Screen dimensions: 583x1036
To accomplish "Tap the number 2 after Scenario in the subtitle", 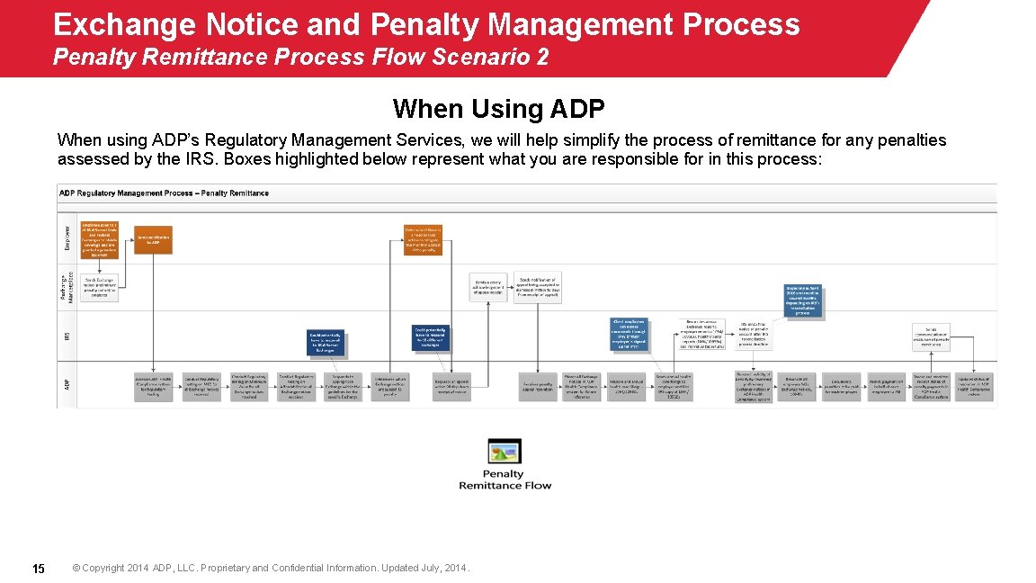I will (541, 58).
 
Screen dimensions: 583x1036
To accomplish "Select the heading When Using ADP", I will (498, 110).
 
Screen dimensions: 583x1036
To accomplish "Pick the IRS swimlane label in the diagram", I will (66, 336).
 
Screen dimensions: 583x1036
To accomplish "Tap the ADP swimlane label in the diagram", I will (66, 384).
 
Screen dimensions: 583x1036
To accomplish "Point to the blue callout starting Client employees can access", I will (630, 334).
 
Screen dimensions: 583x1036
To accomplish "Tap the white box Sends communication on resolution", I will (930, 336).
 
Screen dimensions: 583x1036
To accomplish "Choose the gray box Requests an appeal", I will (451, 385).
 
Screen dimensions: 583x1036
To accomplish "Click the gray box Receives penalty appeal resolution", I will (538, 385).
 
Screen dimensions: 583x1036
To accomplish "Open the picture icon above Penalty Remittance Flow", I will (505, 452).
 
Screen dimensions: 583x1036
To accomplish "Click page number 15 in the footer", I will (39, 569).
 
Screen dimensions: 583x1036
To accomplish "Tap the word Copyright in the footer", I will (104, 569).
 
